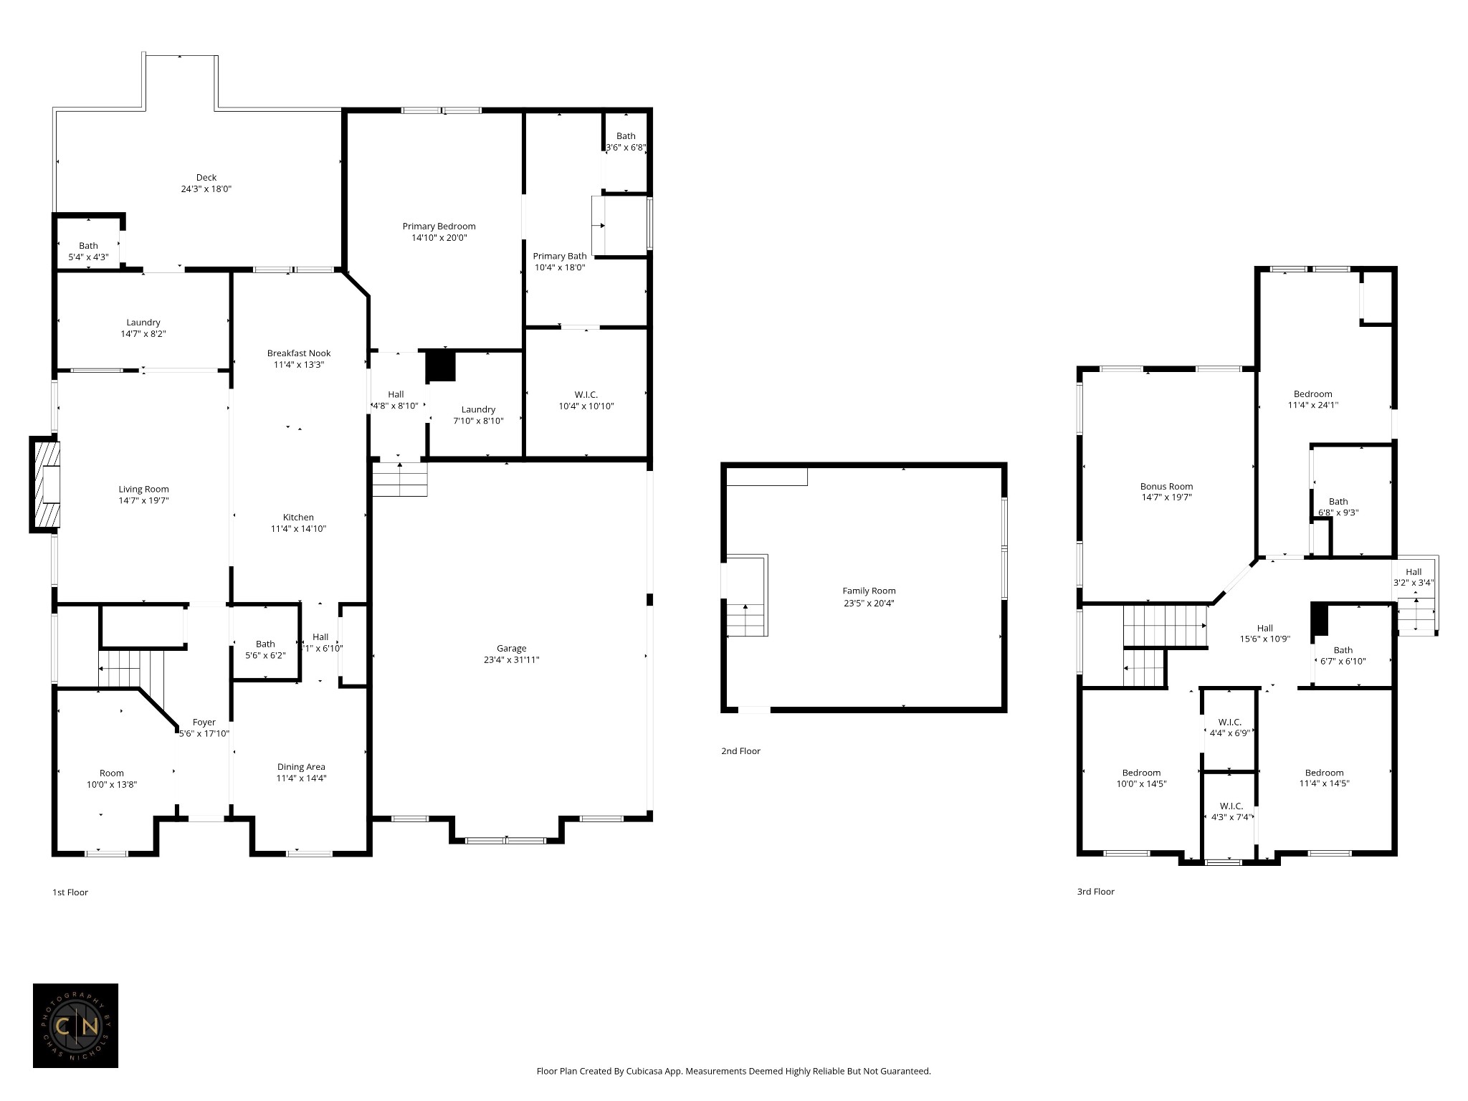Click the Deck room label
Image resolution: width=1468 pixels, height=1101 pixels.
(206, 178)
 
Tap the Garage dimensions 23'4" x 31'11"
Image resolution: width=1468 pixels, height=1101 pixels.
(511, 660)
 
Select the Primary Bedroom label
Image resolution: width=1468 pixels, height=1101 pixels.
(439, 227)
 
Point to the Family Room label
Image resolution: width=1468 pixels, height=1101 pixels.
(869, 591)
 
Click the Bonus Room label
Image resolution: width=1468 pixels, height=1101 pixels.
(1166, 486)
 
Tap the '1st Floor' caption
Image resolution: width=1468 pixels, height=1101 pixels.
(70, 892)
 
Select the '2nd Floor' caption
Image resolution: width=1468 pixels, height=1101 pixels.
(740, 751)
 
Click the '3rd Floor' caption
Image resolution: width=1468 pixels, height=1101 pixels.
(1095, 892)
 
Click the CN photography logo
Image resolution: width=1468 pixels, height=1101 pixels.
(75, 1026)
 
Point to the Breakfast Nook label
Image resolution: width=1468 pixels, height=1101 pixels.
(299, 353)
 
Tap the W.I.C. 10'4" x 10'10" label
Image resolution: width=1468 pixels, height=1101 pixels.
(586, 401)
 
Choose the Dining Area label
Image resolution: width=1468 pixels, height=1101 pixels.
(301, 767)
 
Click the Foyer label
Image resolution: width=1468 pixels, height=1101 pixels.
(204, 723)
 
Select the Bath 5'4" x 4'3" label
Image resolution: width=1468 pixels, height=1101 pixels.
(88, 251)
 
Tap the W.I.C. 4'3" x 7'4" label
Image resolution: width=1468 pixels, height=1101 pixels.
(1231, 811)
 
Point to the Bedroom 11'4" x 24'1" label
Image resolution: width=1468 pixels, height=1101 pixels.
(1312, 399)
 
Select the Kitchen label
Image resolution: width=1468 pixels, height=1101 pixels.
(298, 518)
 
